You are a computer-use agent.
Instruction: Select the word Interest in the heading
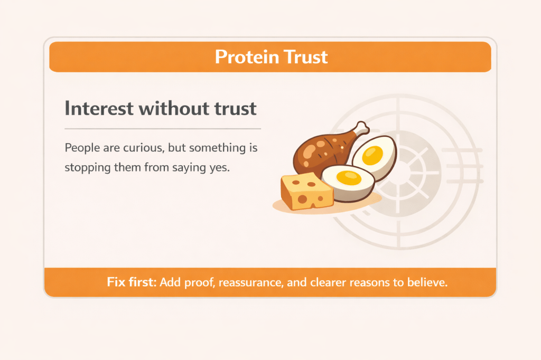click(97, 109)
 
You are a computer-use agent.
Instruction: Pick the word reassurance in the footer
click(250, 282)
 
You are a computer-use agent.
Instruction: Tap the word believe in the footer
click(428, 282)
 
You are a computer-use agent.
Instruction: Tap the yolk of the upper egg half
click(374, 154)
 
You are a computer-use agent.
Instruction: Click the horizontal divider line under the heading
click(163, 128)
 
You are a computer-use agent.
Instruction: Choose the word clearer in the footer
click(332, 282)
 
